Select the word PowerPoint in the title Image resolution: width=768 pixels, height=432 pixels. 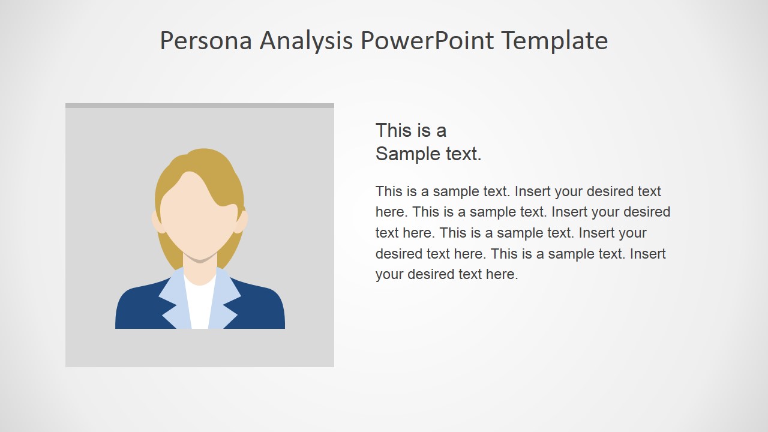(427, 41)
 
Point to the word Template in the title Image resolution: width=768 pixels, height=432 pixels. (554, 41)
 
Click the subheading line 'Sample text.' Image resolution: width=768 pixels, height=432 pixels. (428, 154)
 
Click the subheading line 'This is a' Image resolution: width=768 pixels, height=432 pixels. (411, 130)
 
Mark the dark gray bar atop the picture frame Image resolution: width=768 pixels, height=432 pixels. (199, 106)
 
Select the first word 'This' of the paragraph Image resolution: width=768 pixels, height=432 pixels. (389, 191)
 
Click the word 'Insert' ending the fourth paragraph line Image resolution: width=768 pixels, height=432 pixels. (647, 253)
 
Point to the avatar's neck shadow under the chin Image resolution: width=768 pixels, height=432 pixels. (200, 260)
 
